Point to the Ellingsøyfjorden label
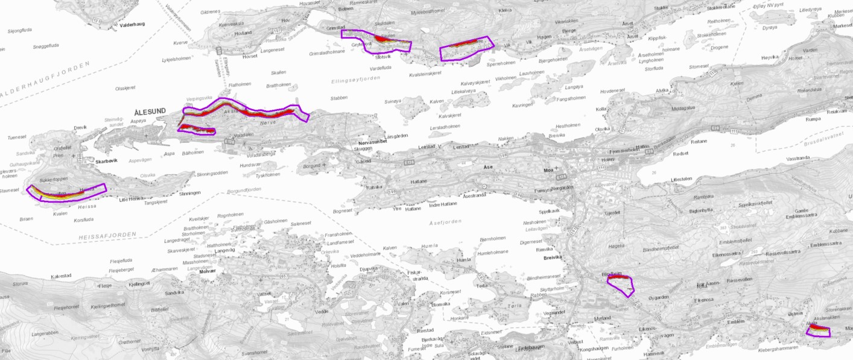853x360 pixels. [357, 80]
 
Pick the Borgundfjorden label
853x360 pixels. [244, 190]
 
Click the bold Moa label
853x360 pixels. [548, 170]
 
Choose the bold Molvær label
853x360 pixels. [207, 272]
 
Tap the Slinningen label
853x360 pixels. [189, 193]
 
